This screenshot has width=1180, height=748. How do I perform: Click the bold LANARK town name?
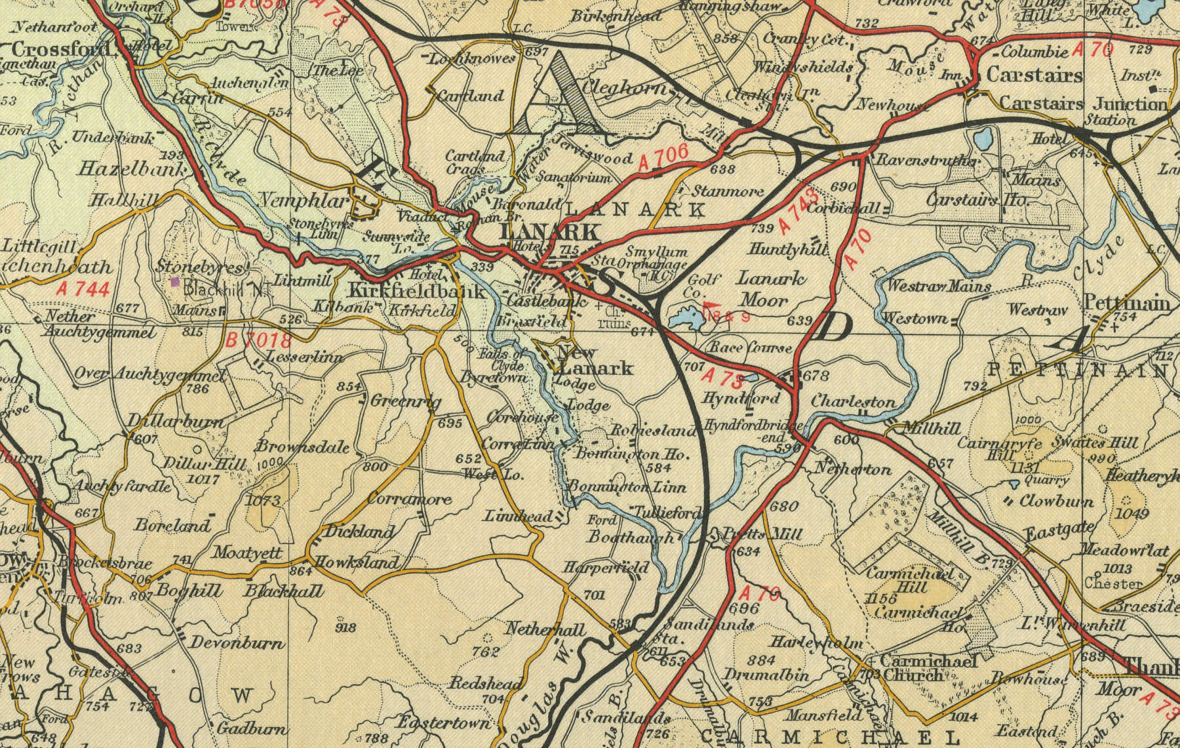549,231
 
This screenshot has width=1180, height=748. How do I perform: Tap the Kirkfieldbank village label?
417,290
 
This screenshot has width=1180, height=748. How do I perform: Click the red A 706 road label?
663,159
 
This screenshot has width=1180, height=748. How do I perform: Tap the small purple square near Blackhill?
175,282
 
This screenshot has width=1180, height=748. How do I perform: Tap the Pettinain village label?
1127,304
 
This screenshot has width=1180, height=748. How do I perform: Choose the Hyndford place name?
741,398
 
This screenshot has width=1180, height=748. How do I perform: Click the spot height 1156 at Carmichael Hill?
880,598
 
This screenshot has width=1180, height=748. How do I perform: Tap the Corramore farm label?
410,499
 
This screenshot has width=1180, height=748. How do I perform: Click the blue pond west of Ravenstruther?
981,138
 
